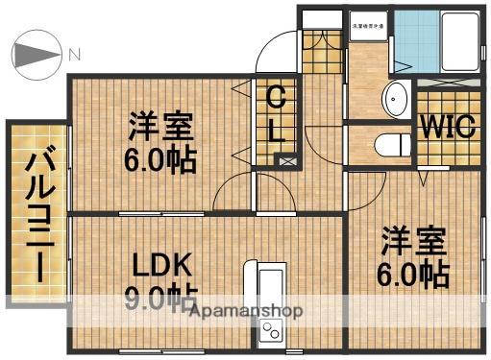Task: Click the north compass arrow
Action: (36, 56)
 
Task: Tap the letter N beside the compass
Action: (74, 55)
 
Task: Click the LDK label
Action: (157, 265)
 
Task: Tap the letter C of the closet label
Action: (276, 97)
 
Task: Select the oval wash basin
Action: (396, 98)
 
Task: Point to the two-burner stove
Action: (270, 333)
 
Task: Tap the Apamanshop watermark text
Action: (247, 311)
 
